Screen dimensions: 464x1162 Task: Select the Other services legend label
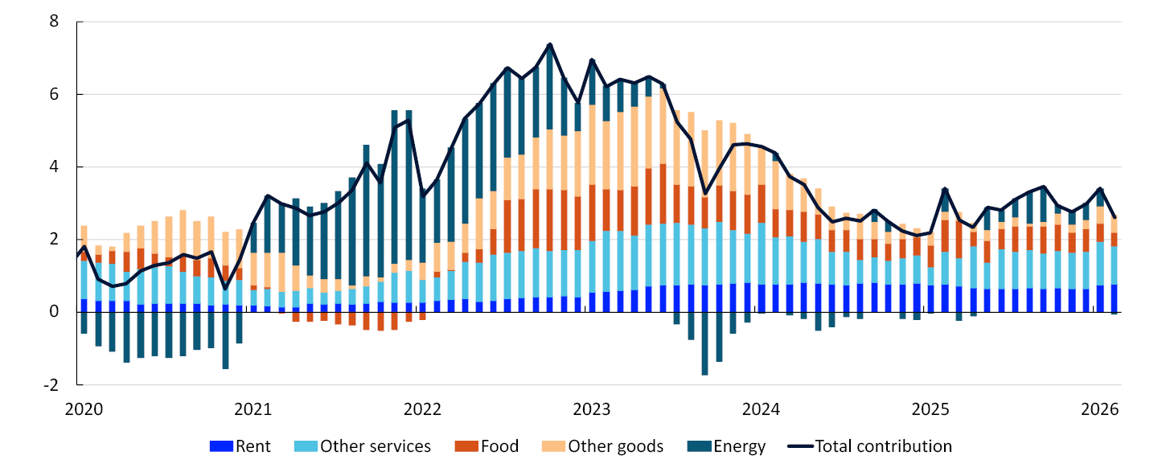click(x=376, y=446)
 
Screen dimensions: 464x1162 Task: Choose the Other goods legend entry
click(x=615, y=446)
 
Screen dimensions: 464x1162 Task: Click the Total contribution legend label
click(x=883, y=446)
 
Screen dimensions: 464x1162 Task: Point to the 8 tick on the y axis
click(x=55, y=22)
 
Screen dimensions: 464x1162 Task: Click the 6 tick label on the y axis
click(x=55, y=95)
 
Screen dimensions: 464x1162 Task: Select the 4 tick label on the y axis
click(x=55, y=167)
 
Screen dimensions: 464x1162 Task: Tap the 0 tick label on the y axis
click(x=55, y=312)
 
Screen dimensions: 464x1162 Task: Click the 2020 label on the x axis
click(x=84, y=409)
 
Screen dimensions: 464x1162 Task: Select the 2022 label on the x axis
click(x=422, y=409)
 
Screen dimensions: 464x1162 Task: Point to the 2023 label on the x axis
click(x=592, y=409)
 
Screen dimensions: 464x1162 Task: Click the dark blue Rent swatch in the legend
click(x=221, y=446)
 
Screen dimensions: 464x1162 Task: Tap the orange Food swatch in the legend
click(x=467, y=446)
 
